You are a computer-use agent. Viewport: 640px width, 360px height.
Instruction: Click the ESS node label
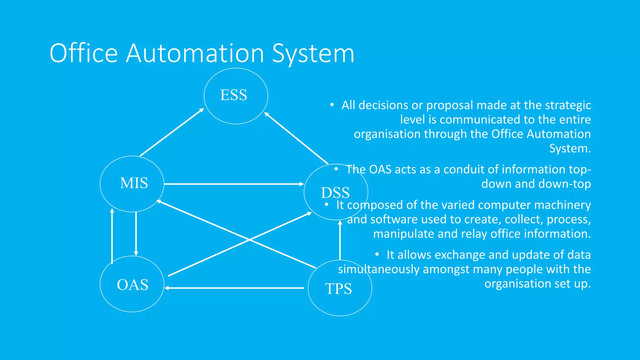tap(233, 95)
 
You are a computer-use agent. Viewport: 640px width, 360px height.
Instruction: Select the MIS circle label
tap(134, 183)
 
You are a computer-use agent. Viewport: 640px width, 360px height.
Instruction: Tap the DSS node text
tap(335, 193)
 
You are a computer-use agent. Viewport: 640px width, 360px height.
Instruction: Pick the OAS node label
tap(132, 285)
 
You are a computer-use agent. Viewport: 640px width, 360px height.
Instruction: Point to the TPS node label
tap(338, 289)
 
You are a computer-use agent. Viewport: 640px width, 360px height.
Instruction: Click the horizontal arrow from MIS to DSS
tap(234, 184)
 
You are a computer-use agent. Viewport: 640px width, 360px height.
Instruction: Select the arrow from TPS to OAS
tap(234, 288)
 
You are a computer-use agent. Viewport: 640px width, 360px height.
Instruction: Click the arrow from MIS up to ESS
tap(172, 132)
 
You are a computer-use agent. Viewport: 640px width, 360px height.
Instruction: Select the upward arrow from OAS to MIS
tap(112, 236)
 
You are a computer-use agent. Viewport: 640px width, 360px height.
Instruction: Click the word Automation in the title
tap(195, 53)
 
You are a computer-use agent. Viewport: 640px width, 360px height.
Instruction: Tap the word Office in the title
tap(83, 53)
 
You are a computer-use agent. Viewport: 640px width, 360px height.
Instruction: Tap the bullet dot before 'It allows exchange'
tap(377, 255)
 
